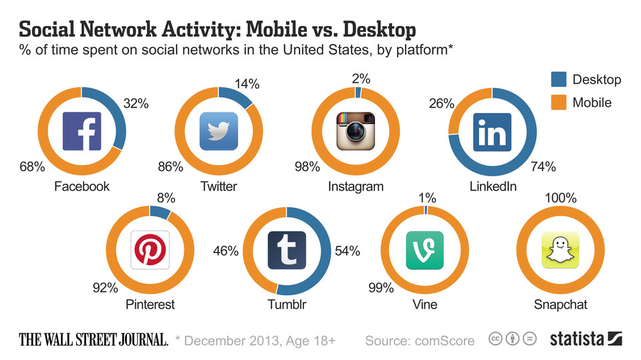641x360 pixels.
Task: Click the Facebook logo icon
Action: click(x=82, y=131)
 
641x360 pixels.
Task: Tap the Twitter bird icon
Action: click(x=219, y=131)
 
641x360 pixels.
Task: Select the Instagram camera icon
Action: click(x=356, y=131)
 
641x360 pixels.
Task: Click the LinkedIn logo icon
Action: click(x=492, y=131)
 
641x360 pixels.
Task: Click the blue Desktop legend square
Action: click(x=558, y=79)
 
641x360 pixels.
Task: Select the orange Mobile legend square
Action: click(x=558, y=102)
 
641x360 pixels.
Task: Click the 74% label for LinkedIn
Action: click(x=543, y=167)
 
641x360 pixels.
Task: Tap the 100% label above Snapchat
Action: click(x=560, y=198)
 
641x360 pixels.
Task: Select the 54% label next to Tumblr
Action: click(x=346, y=251)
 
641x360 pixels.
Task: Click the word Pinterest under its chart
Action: click(x=150, y=305)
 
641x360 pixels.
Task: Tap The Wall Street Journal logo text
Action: click(x=94, y=340)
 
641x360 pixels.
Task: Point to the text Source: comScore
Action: click(x=420, y=341)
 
